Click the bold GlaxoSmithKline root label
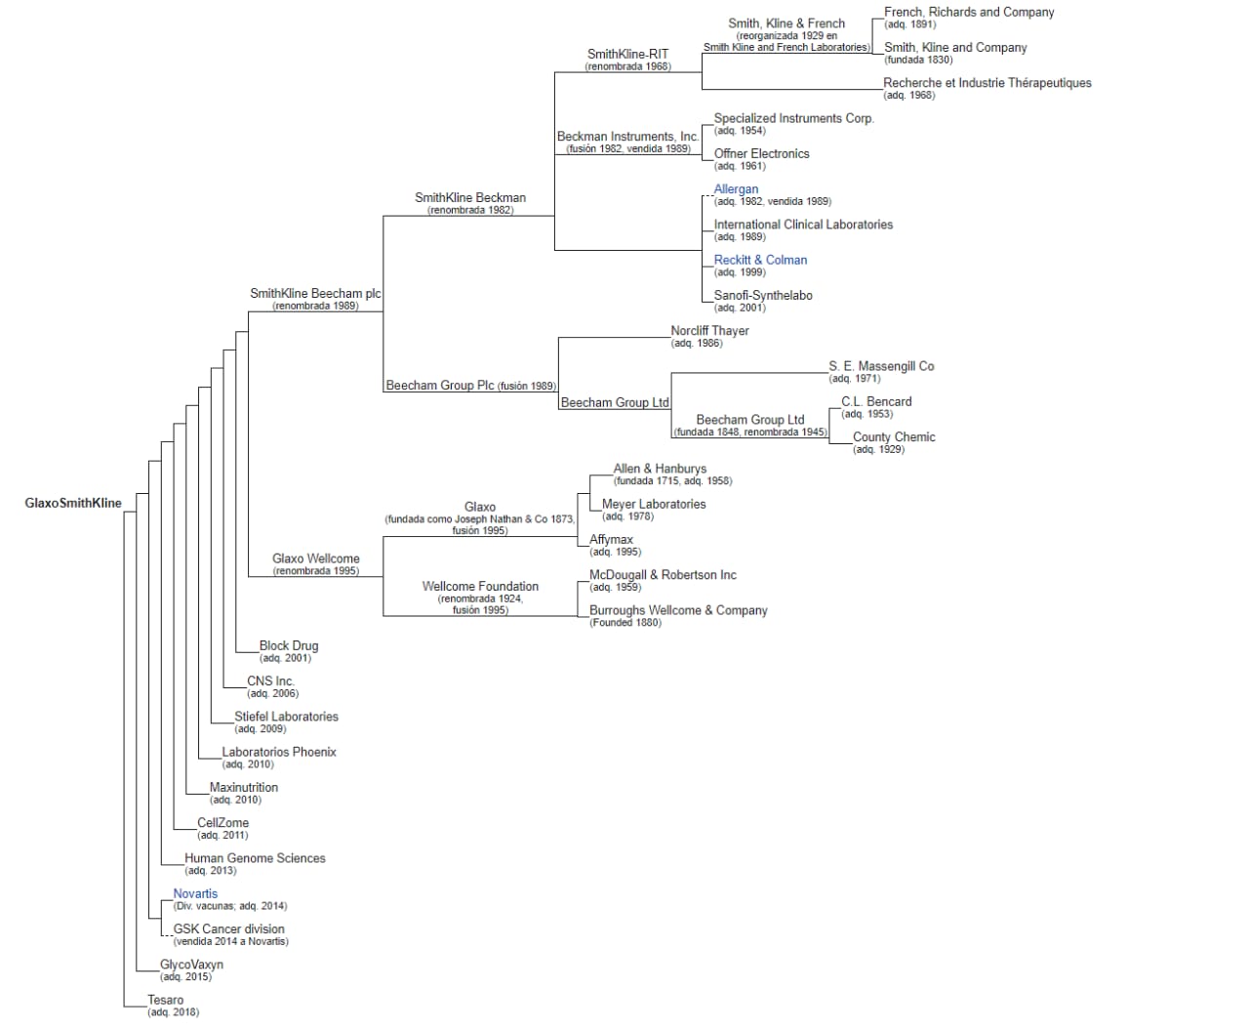[73, 503]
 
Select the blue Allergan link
[736, 189]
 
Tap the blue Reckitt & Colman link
[760, 260]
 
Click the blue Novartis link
[195, 893]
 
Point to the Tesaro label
[166, 1000]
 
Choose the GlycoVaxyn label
[192, 965]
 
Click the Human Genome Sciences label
[255, 858]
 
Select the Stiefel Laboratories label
[286, 717]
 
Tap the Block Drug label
[289, 645]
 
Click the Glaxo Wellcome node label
[315, 558]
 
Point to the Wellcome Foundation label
[480, 586]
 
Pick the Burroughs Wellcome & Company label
[678, 610]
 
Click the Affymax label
[611, 540]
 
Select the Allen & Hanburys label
[660, 469]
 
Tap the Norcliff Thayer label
[709, 331]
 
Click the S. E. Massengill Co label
[881, 366]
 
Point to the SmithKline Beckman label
[469, 197]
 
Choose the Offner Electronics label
[761, 153]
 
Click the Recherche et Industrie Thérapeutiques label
[987, 83]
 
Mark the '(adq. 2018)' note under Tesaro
[174, 1012]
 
